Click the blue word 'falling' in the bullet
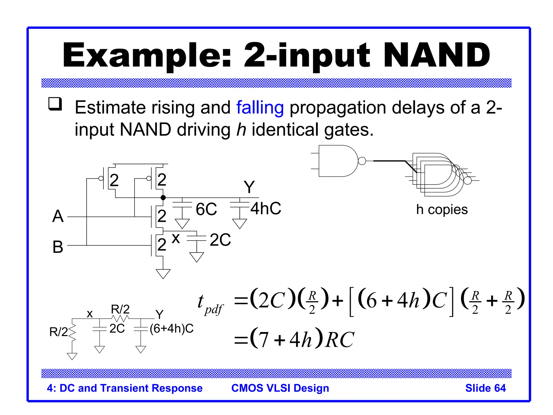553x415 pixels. click(x=260, y=108)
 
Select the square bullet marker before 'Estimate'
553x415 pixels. click(x=55, y=104)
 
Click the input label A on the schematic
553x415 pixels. click(x=58, y=216)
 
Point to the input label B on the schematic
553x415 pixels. click(x=58, y=247)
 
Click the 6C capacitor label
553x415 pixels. click(x=206, y=209)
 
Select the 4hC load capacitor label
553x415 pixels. click(x=266, y=209)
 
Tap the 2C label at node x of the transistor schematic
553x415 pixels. click(x=220, y=240)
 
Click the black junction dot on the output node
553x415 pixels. click(x=163, y=198)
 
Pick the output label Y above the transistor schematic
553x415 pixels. click(x=249, y=187)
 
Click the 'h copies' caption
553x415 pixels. click(x=442, y=210)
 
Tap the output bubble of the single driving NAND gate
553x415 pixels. click(x=362, y=161)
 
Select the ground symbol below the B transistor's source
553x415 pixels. click(x=163, y=273)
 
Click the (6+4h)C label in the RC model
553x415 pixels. click(x=172, y=329)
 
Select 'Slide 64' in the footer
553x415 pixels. click(x=485, y=388)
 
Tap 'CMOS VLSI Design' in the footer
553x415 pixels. click(x=280, y=388)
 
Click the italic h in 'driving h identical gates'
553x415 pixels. click(x=241, y=130)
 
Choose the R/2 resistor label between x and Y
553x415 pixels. click(x=120, y=309)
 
